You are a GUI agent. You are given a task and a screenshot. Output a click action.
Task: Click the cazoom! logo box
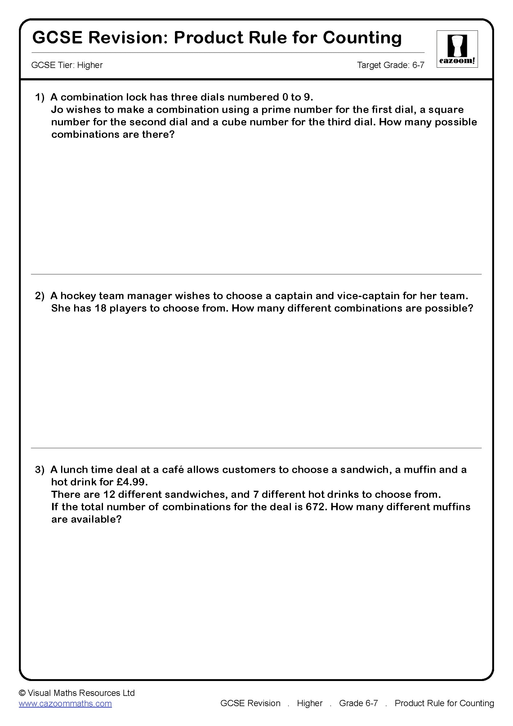pyautogui.click(x=457, y=49)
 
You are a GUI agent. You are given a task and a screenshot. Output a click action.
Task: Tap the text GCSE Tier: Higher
pyautogui.click(x=67, y=65)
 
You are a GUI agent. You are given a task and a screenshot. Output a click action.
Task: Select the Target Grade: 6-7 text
pyautogui.click(x=390, y=65)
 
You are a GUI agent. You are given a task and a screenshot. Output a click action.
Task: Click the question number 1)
pyautogui.click(x=40, y=97)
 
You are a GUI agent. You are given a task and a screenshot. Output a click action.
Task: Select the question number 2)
pyautogui.click(x=40, y=296)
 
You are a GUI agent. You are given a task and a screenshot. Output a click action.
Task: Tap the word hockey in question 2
pyautogui.click(x=78, y=296)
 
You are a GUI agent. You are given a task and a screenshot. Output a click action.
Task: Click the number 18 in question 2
pyautogui.click(x=100, y=308)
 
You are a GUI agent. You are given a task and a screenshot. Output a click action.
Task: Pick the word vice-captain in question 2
pyautogui.click(x=368, y=296)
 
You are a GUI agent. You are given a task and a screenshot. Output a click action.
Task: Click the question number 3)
pyautogui.click(x=40, y=470)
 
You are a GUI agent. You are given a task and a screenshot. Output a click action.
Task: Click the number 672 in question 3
pyautogui.click(x=315, y=507)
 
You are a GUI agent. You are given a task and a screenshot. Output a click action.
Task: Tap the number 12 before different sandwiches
pyautogui.click(x=109, y=494)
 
